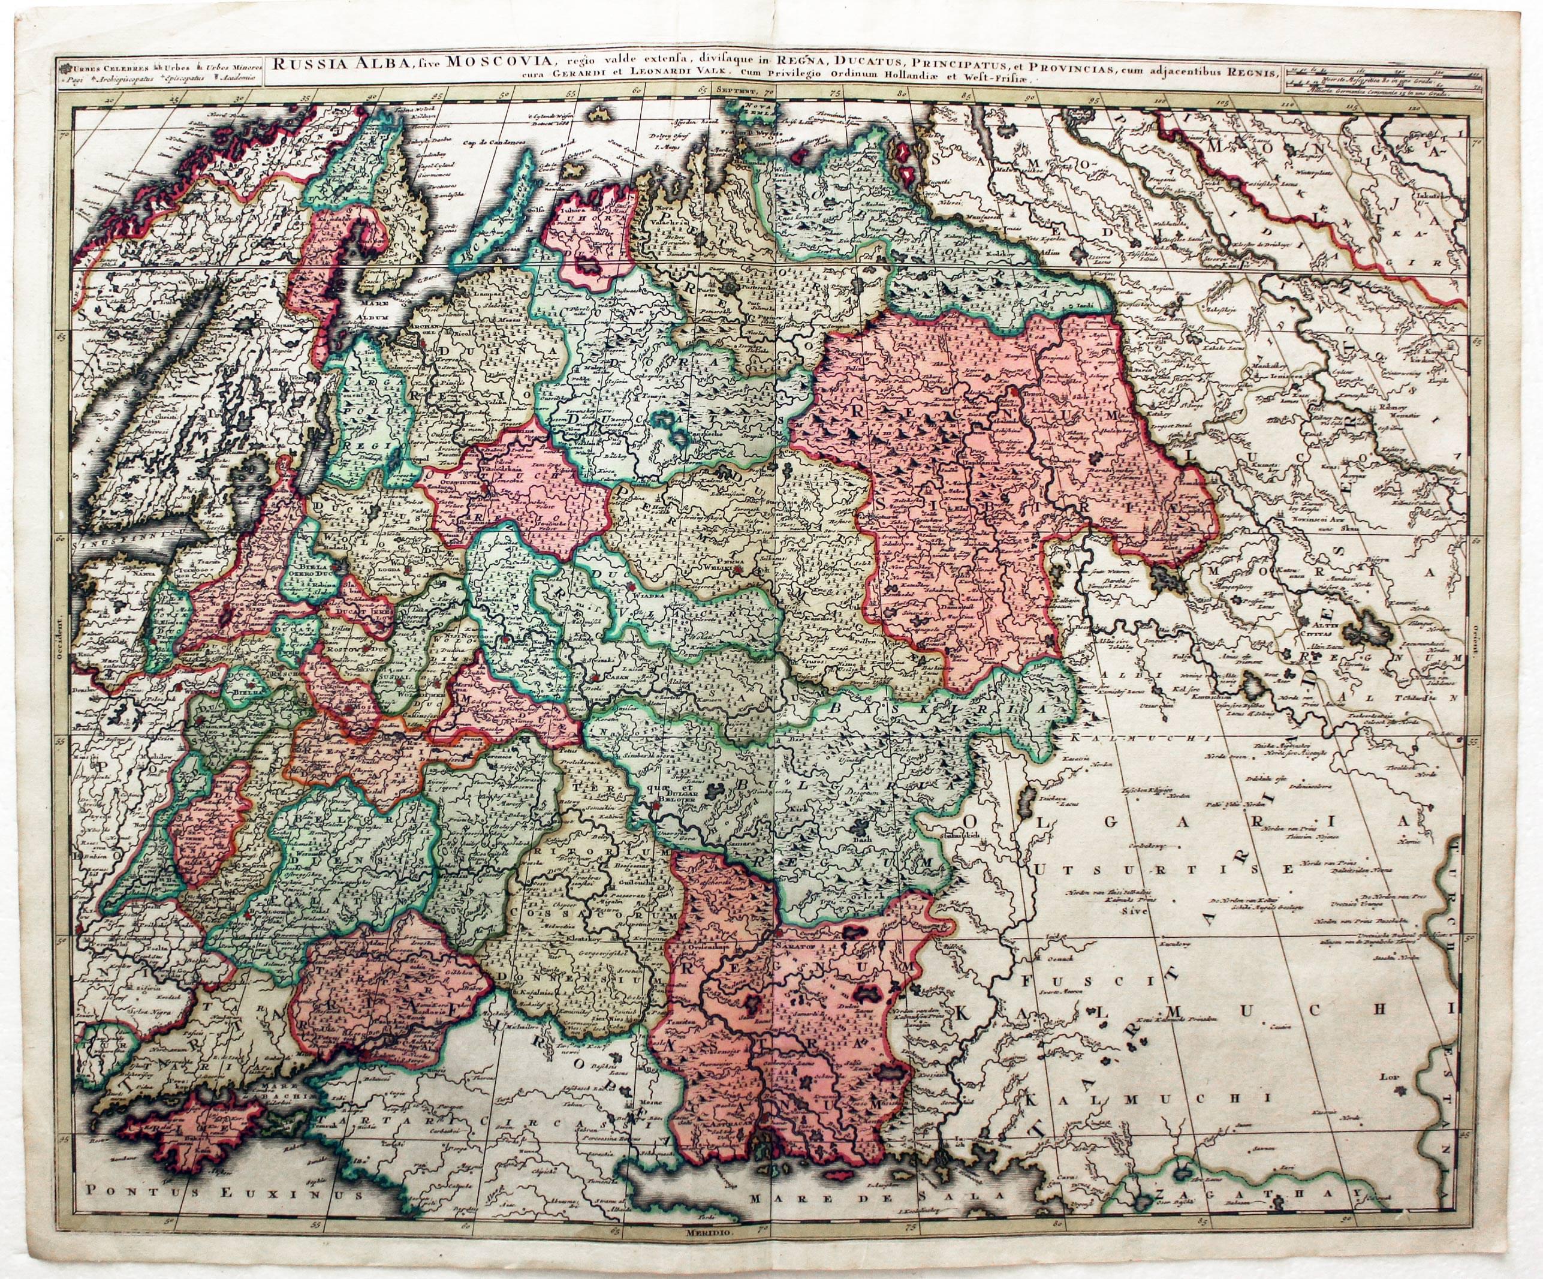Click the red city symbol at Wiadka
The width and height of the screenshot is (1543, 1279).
click(631, 588)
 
